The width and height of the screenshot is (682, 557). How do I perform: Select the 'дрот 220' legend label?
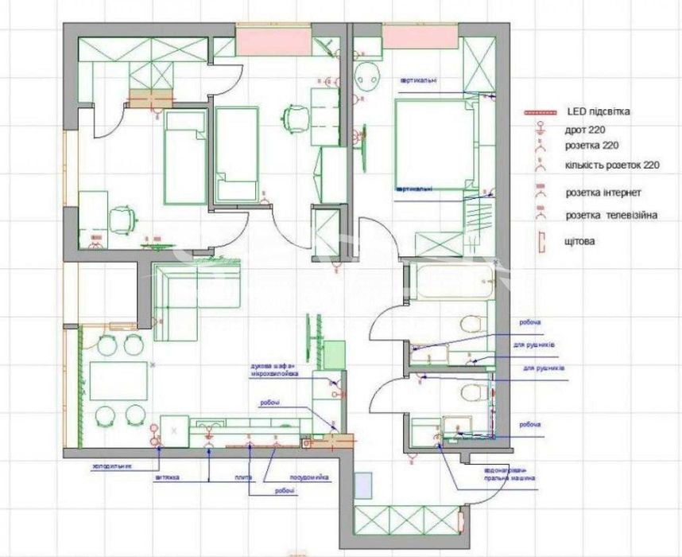point(587,130)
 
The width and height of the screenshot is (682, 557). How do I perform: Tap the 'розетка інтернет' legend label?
point(603,193)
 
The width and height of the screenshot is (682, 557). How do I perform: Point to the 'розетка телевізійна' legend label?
point(611,215)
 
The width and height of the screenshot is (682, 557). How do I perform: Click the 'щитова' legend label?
point(580,240)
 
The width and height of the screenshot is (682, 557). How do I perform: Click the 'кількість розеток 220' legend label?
point(613,166)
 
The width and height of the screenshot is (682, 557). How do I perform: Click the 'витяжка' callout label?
point(167,477)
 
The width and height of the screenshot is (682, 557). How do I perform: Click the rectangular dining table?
point(118,380)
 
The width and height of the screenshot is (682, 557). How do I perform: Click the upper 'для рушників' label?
point(533,345)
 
